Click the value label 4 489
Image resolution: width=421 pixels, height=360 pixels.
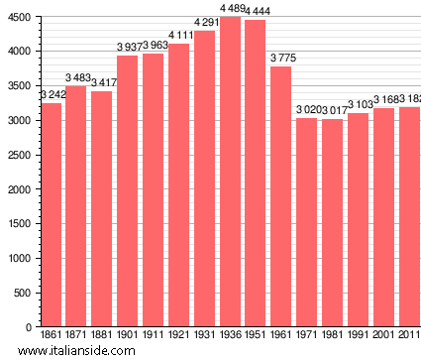point(231,10)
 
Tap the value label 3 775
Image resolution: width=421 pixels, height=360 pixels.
point(281,60)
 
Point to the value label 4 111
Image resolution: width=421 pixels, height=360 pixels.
point(179,36)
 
